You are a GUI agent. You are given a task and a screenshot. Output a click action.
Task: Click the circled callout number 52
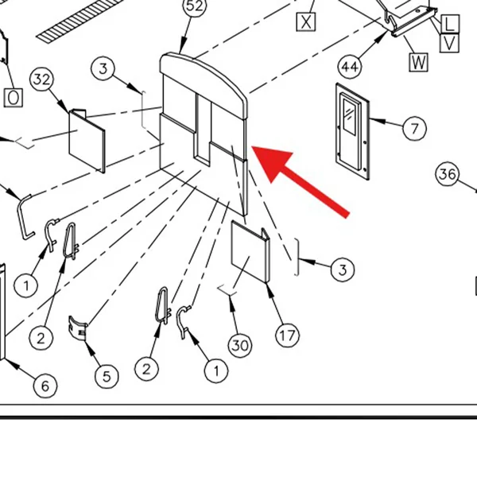(x=195, y=6)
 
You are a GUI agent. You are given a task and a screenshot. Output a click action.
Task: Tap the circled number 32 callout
(x=41, y=79)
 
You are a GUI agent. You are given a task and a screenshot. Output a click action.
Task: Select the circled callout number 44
(x=350, y=67)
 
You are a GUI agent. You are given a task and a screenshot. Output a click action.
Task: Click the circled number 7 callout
(x=414, y=128)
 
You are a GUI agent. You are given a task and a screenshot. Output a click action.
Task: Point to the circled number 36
(x=448, y=174)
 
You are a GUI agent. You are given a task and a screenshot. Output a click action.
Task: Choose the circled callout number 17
(x=287, y=335)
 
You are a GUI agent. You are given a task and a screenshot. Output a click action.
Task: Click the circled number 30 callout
(x=240, y=345)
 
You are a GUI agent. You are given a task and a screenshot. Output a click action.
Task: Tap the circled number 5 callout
(x=107, y=376)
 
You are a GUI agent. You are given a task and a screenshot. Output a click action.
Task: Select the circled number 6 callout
(x=45, y=386)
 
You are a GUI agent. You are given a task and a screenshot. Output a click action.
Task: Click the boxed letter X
(x=306, y=22)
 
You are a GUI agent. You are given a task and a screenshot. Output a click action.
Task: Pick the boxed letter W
(x=419, y=62)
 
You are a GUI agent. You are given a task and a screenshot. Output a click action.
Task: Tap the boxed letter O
(x=13, y=98)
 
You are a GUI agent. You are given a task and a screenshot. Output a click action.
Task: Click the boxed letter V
(x=449, y=43)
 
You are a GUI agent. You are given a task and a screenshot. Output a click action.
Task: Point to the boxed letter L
(x=450, y=24)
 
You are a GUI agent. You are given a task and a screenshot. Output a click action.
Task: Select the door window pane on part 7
(x=349, y=116)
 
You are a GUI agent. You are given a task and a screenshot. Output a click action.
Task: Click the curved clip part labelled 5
(x=78, y=328)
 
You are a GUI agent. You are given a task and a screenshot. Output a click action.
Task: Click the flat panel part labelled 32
(x=87, y=141)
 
